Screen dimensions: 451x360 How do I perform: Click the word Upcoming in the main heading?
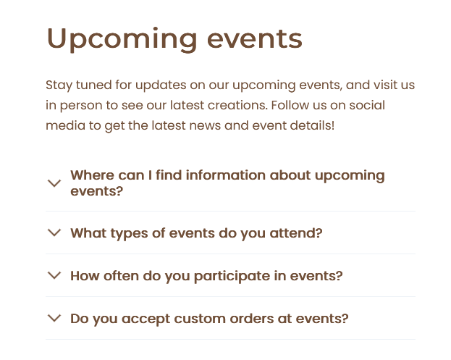(122, 40)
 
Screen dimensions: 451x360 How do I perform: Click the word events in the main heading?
(255, 39)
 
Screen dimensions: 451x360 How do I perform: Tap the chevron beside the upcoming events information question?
(54, 183)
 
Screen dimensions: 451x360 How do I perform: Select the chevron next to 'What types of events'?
(54, 233)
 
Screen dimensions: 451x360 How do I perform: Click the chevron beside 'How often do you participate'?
(54, 275)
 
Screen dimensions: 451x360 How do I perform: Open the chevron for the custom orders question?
(54, 318)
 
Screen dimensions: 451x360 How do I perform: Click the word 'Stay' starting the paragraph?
(59, 85)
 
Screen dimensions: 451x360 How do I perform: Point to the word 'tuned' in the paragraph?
(94, 85)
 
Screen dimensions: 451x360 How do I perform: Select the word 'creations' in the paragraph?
(237, 105)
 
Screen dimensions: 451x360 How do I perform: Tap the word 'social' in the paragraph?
(367, 105)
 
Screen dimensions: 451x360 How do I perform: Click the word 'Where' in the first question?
(93, 175)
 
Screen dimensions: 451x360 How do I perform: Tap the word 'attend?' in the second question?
(296, 233)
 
